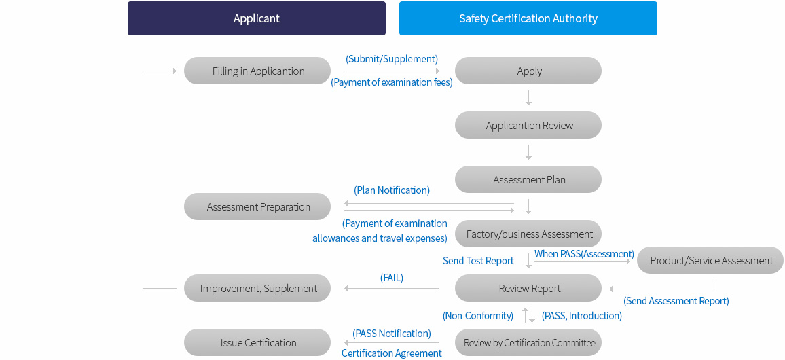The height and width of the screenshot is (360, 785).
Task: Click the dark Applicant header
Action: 256,18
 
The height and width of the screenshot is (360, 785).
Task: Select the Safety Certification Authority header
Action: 528,18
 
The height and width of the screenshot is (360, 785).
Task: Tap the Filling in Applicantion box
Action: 257,71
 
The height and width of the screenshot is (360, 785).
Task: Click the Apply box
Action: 528,71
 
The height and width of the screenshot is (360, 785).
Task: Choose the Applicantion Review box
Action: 528,125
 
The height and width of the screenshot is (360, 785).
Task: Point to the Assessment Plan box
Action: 528,179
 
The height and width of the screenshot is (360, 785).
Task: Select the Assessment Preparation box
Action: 257,206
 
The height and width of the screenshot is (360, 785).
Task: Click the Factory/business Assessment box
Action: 528,234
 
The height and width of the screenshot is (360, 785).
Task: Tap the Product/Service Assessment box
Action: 710,260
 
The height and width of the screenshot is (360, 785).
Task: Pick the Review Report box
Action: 528,288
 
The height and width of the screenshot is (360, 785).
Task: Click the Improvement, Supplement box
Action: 257,288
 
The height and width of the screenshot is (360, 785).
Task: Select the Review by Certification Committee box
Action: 528,342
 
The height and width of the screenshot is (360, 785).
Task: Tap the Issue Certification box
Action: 257,342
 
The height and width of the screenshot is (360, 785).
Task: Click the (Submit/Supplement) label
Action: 392,59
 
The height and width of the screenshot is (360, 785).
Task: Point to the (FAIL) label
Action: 392,277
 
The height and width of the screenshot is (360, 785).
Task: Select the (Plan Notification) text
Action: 392,190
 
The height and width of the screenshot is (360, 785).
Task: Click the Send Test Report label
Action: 478,261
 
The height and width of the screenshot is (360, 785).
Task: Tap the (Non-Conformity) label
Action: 478,315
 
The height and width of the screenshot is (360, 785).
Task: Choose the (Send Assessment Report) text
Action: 676,301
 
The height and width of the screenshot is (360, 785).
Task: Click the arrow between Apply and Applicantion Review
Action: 528,98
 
